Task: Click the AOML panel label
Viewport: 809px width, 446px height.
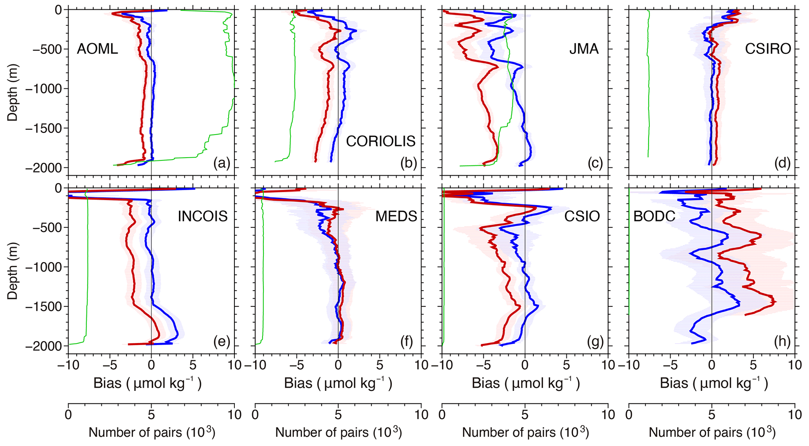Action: click(97, 49)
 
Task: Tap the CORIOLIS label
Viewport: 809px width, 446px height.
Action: click(380, 141)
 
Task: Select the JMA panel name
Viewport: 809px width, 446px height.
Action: click(584, 49)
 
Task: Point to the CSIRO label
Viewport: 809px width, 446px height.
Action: click(768, 49)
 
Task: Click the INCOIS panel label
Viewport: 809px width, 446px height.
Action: click(203, 216)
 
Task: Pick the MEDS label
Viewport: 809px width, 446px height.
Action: click(396, 216)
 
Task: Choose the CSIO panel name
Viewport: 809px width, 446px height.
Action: click(582, 216)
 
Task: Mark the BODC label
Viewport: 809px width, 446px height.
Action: click(654, 216)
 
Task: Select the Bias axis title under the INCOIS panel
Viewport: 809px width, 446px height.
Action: click(147, 383)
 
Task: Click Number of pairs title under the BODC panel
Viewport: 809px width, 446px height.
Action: click(712, 432)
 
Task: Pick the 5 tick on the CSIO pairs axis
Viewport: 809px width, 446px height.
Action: click(525, 414)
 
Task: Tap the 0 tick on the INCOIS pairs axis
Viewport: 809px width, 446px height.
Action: click(68, 414)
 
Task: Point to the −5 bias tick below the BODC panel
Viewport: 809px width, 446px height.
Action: click(670, 365)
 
